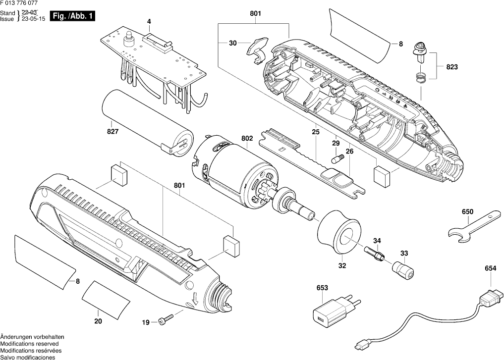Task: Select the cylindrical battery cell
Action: click(x=147, y=121)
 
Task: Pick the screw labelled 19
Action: click(x=166, y=320)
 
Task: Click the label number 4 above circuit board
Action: click(x=148, y=21)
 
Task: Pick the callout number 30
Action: click(x=232, y=44)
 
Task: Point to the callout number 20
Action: click(x=98, y=321)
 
